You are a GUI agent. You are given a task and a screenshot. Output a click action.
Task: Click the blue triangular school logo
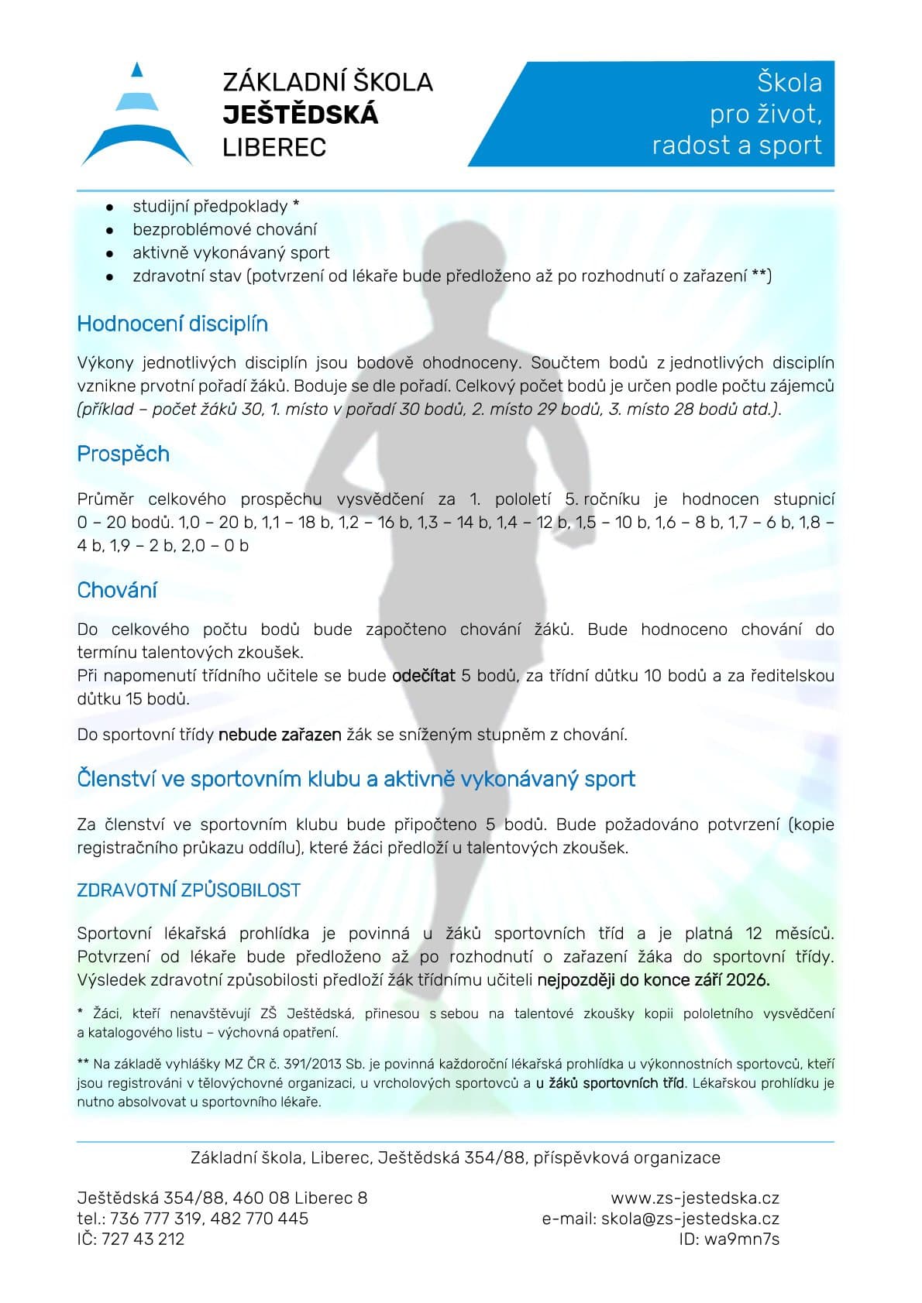click(137, 116)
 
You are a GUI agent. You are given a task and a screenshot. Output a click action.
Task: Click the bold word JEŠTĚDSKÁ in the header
click(300, 115)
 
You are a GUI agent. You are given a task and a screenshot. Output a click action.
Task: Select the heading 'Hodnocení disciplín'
click(172, 324)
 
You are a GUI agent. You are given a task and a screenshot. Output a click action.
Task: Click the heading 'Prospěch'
click(123, 454)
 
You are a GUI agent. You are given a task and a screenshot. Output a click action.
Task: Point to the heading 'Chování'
click(117, 590)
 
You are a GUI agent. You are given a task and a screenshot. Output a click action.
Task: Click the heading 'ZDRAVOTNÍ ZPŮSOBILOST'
click(188, 890)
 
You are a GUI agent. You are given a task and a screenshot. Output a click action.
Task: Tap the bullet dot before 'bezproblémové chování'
click(111, 230)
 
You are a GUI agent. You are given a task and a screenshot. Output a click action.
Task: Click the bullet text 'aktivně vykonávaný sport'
click(231, 252)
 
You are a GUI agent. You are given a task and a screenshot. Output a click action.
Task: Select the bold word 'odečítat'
click(424, 675)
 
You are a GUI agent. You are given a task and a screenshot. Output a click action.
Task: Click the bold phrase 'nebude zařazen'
click(280, 734)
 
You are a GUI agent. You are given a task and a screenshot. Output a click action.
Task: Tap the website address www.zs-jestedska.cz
click(695, 1198)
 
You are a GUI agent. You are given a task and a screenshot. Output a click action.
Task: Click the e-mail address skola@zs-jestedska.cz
click(690, 1218)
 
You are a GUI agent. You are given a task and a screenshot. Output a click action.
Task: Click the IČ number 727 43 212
click(143, 1238)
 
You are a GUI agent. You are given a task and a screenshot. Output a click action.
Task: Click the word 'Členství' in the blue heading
click(116, 779)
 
